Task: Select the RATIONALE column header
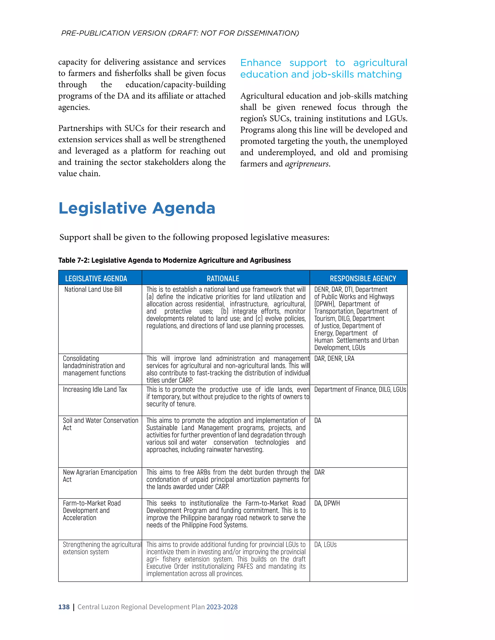click(223, 278)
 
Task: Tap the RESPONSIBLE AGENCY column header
click(363, 278)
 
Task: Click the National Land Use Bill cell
click(93, 290)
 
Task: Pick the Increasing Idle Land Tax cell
click(95, 390)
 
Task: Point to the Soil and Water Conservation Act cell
click(100, 424)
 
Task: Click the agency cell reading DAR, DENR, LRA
click(334, 359)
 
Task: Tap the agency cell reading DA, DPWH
click(327, 503)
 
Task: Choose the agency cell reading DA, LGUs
click(326, 544)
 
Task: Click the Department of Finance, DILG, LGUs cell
click(360, 390)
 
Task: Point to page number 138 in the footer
click(64, 607)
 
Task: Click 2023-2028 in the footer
click(222, 607)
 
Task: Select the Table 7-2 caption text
click(175, 260)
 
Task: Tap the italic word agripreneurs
click(307, 164)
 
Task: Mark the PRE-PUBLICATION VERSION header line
click(180, 33)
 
